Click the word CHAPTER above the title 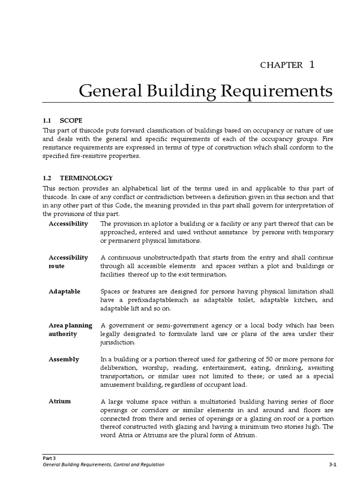point(281,65)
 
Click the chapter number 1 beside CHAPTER point(311,64)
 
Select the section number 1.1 point(47,120)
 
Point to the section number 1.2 point(47,178)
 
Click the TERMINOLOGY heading point(86,178)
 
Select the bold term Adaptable point(64,292)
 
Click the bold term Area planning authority point(70,330)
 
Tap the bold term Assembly point(64,360)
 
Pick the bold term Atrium point(60,402)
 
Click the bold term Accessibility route point(68,262)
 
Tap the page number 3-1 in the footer point(333,465)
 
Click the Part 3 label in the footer point(49,457)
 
